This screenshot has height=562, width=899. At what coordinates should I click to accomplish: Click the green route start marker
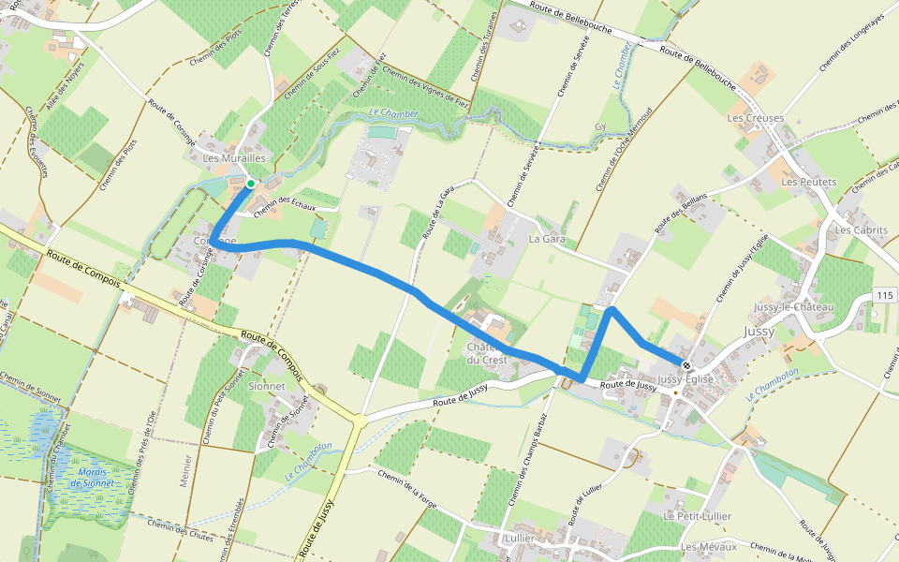pyautogui.click(x=250, y=184)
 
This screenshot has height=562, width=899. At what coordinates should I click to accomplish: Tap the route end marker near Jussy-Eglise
pyautogui.click(x=686, y=365)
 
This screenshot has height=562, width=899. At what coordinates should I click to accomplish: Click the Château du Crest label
pyautogui.click(x=486, y=353)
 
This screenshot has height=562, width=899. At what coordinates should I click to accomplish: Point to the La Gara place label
pyautogui.click(x=548, y=240)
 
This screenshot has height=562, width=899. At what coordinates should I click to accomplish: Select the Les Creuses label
pyautogui.click(x=755, y=118)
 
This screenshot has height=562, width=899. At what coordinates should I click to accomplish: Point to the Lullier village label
pyautogui.click(x=519, y=540)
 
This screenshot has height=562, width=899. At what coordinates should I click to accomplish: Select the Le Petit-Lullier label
pyautogui.click(x=697, y=516)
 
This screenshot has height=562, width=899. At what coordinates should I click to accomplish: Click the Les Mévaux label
pyautogui.click(x=709, y=546)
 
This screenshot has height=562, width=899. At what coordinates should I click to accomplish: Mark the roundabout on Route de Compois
pyautogui.click(x=358, y=422)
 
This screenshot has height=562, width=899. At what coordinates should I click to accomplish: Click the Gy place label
pyautogui.click(x=600, y=126)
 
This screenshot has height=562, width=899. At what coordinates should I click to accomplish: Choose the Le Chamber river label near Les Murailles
pyautogui.click(x=393, y=113)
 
